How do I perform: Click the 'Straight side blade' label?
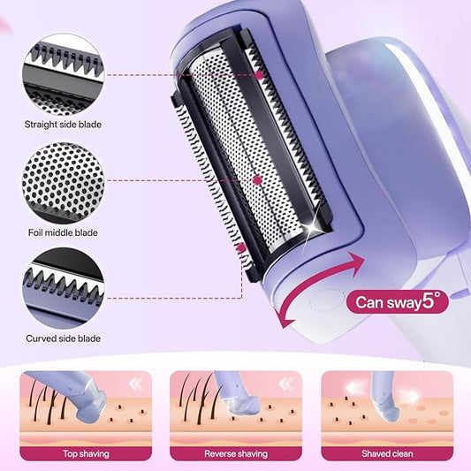tap(63, 125)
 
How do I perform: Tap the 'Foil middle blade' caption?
tap(63, 232)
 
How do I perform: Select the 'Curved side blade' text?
tap(63, 338)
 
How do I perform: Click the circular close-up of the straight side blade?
tap(63, 74)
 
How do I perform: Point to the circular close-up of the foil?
tap(63, 183)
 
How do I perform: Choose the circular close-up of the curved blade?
tap(63, 288)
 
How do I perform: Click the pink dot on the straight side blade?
tap(259, 74)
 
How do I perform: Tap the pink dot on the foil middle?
tap(257, 180)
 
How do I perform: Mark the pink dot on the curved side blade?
tap(241, 247)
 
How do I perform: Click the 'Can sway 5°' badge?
tap(398, 301)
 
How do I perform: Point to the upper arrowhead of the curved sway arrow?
tap(356, 262)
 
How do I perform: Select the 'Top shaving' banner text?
tap(86, 453)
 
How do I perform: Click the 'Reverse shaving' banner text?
tap(236, 453)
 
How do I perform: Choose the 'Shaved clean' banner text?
tap(387, 453)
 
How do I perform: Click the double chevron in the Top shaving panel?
tap(136, 384)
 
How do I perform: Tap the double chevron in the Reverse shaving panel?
tap(286, 384)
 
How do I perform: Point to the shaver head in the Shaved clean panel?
tap(386, 409)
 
